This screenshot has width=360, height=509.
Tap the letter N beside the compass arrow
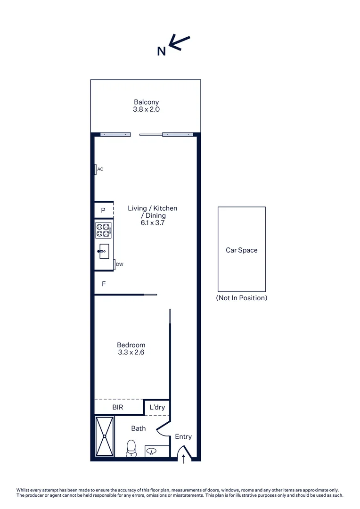[161, 51]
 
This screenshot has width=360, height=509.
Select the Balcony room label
[146, 102]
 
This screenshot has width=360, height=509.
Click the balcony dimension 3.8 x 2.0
[146, 109]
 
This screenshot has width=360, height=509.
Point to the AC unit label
[100, 169]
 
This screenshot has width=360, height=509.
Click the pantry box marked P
[103, 210]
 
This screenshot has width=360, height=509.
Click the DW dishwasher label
[120, 264]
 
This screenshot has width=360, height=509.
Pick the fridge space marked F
[104, 284]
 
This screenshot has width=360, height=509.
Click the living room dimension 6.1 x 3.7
[153, 223]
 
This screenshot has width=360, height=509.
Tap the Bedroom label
[131, 345]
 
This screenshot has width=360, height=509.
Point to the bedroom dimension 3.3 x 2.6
[131, 353]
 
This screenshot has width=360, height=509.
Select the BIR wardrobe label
[118, 407]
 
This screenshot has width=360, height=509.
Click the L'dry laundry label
[157, 407]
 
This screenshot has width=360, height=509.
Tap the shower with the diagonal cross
[105, 436]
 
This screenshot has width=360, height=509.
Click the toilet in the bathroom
[131, 448]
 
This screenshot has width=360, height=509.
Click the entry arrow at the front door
[183, 459]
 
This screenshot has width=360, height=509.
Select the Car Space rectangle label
[241, 250]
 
